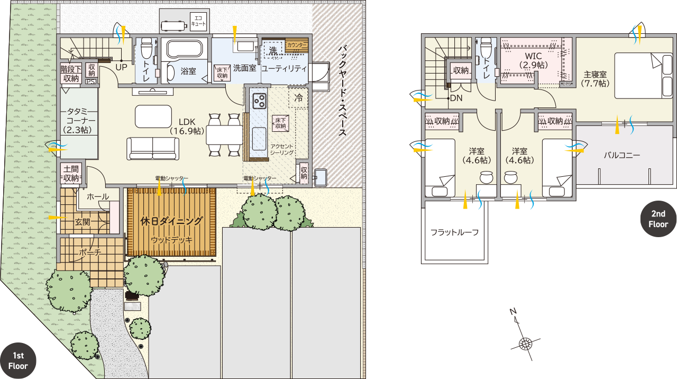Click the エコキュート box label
pyautogui.click(x=198, y=21)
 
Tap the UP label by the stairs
pyautogui.click(x=121, y=67)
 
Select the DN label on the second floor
pyautogui.click(x=456, y=98)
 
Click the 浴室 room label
pyautogui.click(x=188, y=71)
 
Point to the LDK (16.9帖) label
pyautogui.click(x=187, y=126)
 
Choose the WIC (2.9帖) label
pyautogui.click(x=534, y=60)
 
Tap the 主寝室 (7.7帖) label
pyautogui.click(x=595, y=79)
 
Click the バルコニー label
pyautogui.click(x=622, y=156)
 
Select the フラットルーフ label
pyautogui.click(x=454, y=232)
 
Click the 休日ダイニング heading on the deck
pyautogui.click(x=171, y=221)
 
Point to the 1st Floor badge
pyautogui.click(x=18, y=360)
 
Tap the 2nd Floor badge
pyautogui.click(x=658, y=219)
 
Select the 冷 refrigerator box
pyautogui.click(x=298, y=98)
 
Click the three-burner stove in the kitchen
pyautogui.click(x=259, y=101)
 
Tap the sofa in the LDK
pyautogui.click(x=153, y=149)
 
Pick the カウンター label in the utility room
pyautogui.click(x=297, y=45)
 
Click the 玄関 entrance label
pyautogui.click(x=83, y=222)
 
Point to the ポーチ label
pyautogui.click(x=90, y=252)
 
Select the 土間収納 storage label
pyautogui.click(x=71, y=173)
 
